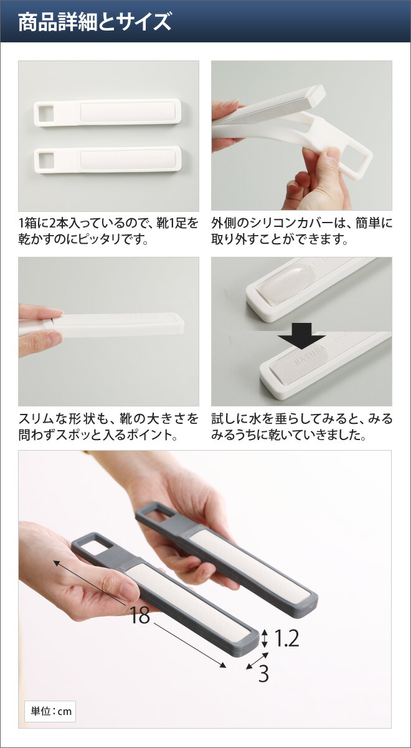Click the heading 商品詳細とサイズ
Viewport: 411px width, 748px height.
(95, 22)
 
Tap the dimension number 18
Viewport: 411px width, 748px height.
(139, 615)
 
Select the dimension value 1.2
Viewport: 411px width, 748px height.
(286, 638)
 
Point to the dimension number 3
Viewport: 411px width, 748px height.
(263, 674)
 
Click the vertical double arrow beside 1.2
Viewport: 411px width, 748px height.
(264, 638)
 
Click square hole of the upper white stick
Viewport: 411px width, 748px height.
(46, 113)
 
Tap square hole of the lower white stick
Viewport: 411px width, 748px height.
(46, 161)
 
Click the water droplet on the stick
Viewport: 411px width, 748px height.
(288, 284)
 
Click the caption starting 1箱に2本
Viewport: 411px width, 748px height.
(108, 231)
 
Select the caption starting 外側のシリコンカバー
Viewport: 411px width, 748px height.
(301, 231)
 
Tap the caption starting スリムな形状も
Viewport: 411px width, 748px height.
(108, 427)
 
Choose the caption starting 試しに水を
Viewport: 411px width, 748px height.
(301, 427)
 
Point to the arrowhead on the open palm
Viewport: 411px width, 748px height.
(57, 563)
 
